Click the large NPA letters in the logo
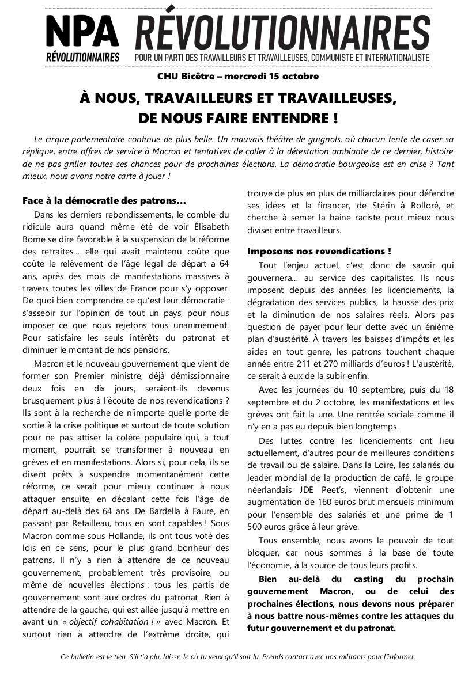82,32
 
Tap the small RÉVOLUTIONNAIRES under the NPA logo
82,58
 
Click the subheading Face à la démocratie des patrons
104,201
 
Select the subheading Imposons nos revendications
319,251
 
